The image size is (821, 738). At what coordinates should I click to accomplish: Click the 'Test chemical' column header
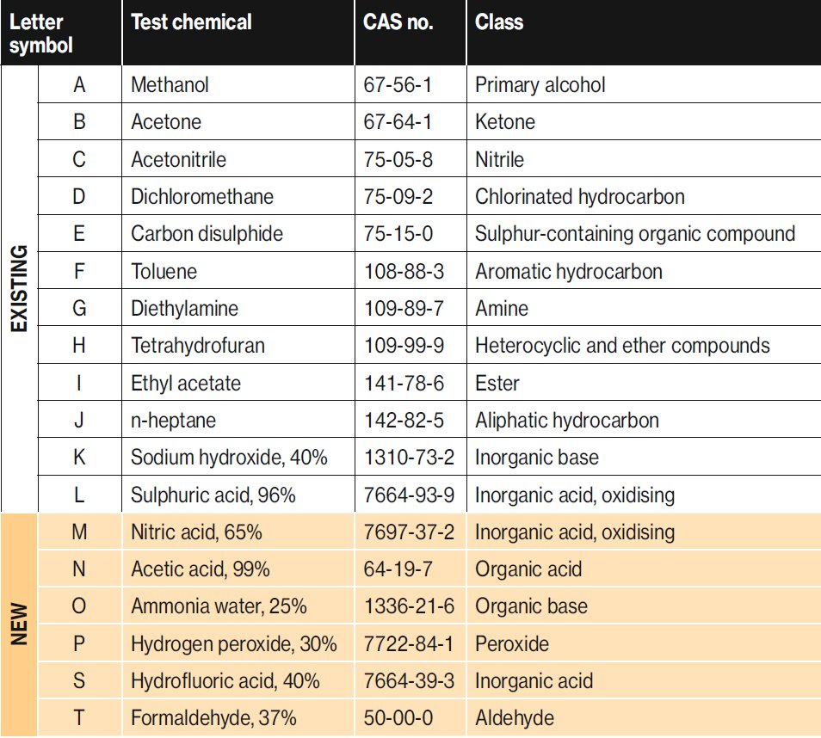[191, 22]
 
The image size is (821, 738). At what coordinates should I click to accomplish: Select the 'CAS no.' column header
[398, 22]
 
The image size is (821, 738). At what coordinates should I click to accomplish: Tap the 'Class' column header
[499, 22]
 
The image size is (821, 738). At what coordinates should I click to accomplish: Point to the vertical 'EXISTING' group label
[19, 288]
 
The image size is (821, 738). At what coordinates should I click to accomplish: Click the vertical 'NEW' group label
[19, 624]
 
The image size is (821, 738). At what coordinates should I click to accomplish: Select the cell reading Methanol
[170, 85]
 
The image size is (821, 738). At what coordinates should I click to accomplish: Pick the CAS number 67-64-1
[398, 122]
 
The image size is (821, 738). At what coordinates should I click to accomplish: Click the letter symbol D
[79, 197]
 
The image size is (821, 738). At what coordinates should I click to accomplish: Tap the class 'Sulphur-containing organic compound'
[635, 234]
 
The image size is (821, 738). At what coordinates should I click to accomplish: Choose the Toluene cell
[164, 272]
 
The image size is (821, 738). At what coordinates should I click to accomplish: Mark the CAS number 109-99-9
[404, 347]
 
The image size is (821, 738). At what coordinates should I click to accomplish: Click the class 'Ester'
[497, 384]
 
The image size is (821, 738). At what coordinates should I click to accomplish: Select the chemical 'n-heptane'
[173, 421]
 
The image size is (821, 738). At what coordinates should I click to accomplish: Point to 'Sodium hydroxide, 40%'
[229, 458]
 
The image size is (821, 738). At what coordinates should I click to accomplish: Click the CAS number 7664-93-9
[409, 495]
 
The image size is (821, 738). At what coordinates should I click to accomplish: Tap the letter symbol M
[79, 532]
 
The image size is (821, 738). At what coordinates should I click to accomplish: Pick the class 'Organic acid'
[528, 569]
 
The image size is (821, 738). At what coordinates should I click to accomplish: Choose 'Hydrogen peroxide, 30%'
[234, 643]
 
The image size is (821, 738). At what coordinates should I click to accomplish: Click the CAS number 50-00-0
[398, 718]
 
